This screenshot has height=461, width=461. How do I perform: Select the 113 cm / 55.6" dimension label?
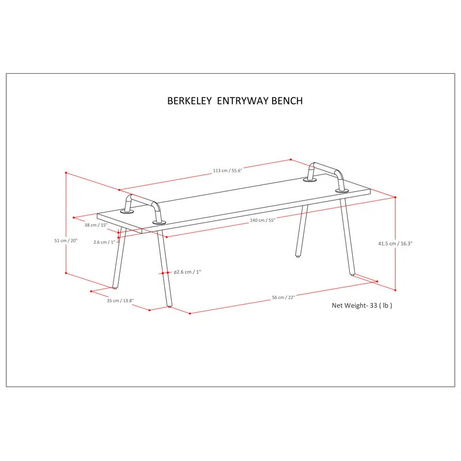coord(228,171)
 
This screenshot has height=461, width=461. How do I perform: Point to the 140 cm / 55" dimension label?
coord(263,220)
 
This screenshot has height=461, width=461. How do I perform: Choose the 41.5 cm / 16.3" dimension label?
coord(395,244)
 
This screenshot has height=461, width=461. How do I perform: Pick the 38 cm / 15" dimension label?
coord(96,225)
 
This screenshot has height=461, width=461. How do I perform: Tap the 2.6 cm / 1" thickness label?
coord(104,242)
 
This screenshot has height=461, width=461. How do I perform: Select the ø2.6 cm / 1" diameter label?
coord(187,272)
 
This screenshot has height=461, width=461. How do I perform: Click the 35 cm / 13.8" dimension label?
coord(120,301)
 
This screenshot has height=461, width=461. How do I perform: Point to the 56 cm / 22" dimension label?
coord(283,297)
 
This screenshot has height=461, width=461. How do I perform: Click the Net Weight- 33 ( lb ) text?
coord(362,305)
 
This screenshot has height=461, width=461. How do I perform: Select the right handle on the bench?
coord(326,171)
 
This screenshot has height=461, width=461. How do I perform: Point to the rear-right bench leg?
coord(301,231)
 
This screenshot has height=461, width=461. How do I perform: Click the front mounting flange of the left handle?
coord(159,222)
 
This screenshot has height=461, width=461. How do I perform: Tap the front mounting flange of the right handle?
coord(342,190)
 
